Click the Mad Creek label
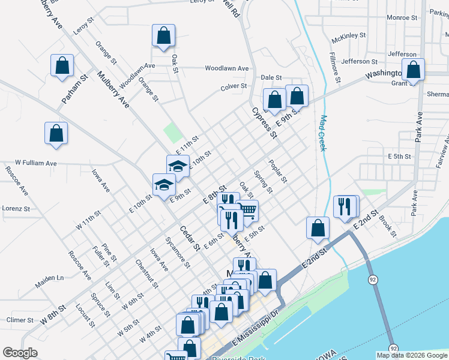click(322, 133)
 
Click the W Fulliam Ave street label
click(35, 163)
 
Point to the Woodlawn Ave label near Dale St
click(226, 68)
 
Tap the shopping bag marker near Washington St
click(413, 70)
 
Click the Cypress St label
click(264, 122)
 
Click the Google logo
click(20, 353)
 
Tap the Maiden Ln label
click(52, 278)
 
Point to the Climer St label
click(20, 320)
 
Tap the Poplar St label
click(279, 172)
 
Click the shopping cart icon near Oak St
click(248, 211)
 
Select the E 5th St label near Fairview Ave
click(399, 156)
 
